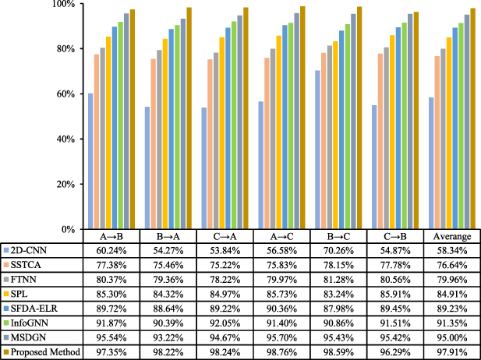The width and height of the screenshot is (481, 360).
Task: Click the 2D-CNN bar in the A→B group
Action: (x=90, y=161)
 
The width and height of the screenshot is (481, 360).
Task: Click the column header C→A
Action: (x=232, y=236)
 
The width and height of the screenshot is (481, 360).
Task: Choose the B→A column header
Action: (x=176, y=236)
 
